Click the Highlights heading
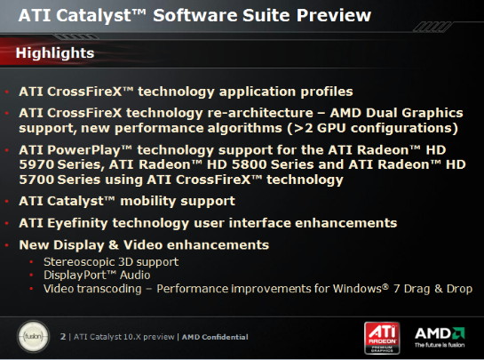coord(55,52)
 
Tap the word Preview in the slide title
coord(334,15)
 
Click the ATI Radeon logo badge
coord(382,338)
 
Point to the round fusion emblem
coord(34,336)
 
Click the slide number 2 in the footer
coord(63,337)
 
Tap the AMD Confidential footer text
coord(215,337)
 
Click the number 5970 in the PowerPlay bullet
coord(36,164)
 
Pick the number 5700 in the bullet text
coord(36,180)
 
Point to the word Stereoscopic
coord(79,262)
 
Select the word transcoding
coord(109,289)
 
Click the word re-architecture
coord(260,113)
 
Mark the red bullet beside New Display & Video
coord(7,245)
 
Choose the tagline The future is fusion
coord(440,345)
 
